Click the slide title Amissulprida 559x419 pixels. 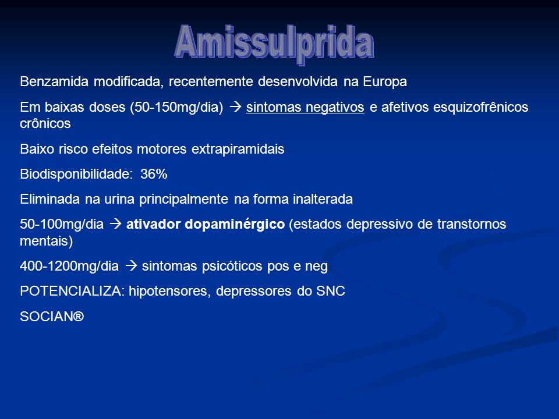(274, 44)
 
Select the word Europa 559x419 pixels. (385, 82)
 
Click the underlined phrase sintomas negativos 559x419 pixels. (305, 108)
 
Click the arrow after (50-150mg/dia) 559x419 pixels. (235, 107)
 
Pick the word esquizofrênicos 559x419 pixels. (480, 107)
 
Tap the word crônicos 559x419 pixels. (45, 124)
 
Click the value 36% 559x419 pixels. (154, 174)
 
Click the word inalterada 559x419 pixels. (323, 199)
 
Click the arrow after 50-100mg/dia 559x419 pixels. (115, 223)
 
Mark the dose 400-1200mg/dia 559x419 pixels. (69, 266)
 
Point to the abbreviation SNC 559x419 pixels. (331, 291)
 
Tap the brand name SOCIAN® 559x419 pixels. (52, 317)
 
